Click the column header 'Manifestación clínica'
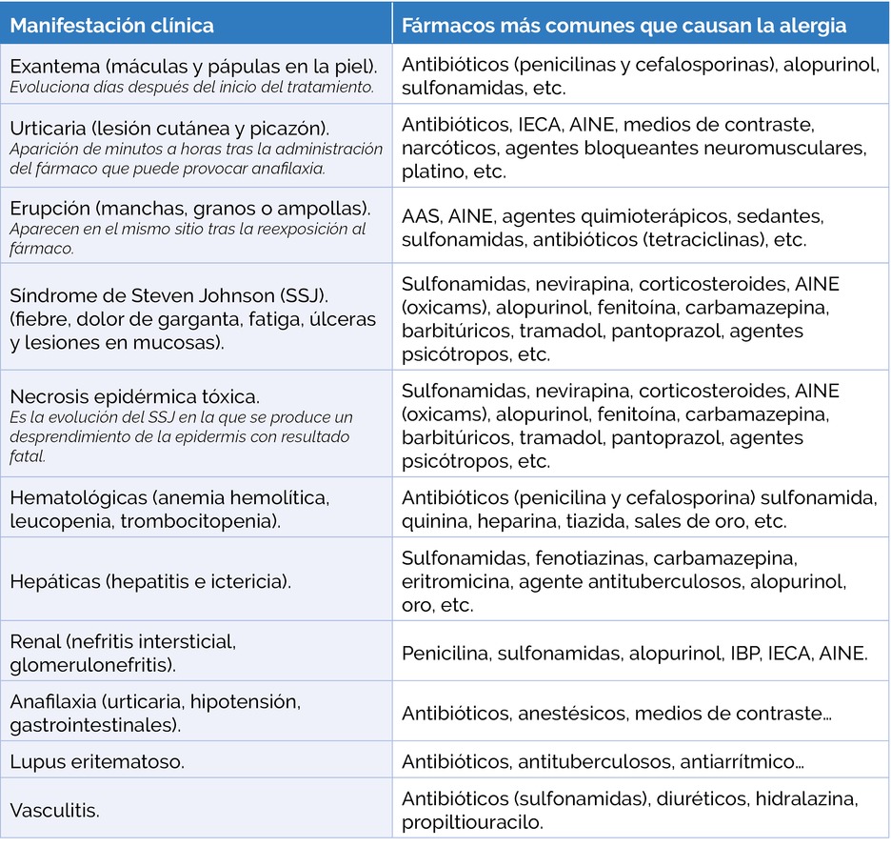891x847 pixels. pyautogui.click(x=112, y=25)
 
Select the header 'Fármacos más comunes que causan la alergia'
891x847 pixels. pyautogui.click(x=624, y=25)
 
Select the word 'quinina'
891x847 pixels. pyautogui.click(x=434, y=521)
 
